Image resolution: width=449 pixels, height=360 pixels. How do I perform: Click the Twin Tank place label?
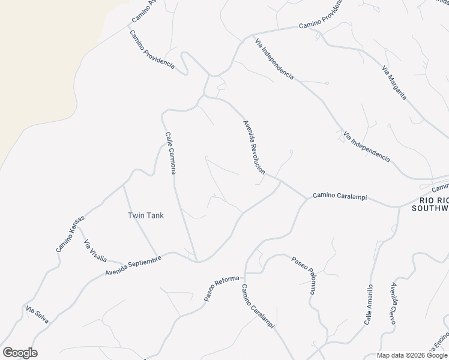click(146, 215)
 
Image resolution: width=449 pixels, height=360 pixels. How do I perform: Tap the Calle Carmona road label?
click(170, 153)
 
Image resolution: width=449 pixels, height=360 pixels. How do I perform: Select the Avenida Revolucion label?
click(253, 147)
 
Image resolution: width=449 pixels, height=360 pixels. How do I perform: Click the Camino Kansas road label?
click(71, 233)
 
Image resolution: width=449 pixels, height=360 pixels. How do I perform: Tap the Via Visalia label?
click(95, 251)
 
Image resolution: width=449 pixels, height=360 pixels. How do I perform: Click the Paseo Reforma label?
click(221, 289)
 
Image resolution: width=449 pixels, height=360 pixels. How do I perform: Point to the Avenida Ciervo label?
click(394, 304)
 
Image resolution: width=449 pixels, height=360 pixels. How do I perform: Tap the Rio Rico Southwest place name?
click(433, 204)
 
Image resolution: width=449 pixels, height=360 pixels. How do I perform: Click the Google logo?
click(20, 353)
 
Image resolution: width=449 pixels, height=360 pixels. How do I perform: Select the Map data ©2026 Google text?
click(411, 355)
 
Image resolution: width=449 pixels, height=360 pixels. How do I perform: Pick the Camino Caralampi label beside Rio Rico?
click(339, 197)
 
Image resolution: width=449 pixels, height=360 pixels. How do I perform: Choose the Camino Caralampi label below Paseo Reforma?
click(258, 306)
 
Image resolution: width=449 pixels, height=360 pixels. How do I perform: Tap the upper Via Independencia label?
click(274, 59)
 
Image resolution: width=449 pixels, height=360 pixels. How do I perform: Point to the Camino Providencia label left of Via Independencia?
click(152, 48)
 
